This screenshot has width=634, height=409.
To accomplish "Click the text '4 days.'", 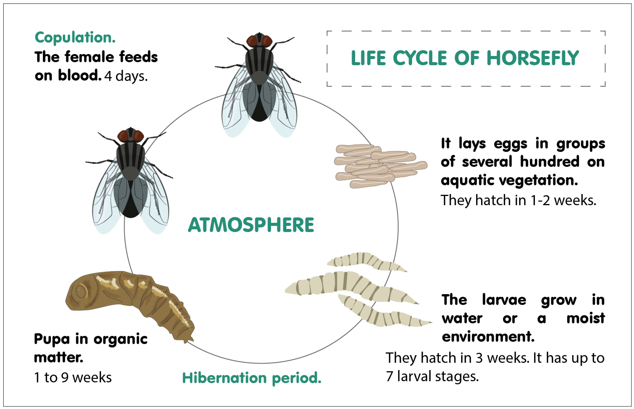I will [x=126, y=77].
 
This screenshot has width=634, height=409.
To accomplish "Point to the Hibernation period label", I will [x=252, y=378].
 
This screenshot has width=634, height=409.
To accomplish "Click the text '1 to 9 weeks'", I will [x=73, y=377].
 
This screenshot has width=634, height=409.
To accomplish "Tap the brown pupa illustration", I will [x=128, y=300].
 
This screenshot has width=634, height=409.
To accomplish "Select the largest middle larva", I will [x=351, y=287].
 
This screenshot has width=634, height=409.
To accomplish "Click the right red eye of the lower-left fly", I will [x=138, y=136].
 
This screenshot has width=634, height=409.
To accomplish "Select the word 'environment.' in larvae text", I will [x=488, y=337].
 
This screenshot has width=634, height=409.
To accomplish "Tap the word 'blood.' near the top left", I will [x=80, y=76].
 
